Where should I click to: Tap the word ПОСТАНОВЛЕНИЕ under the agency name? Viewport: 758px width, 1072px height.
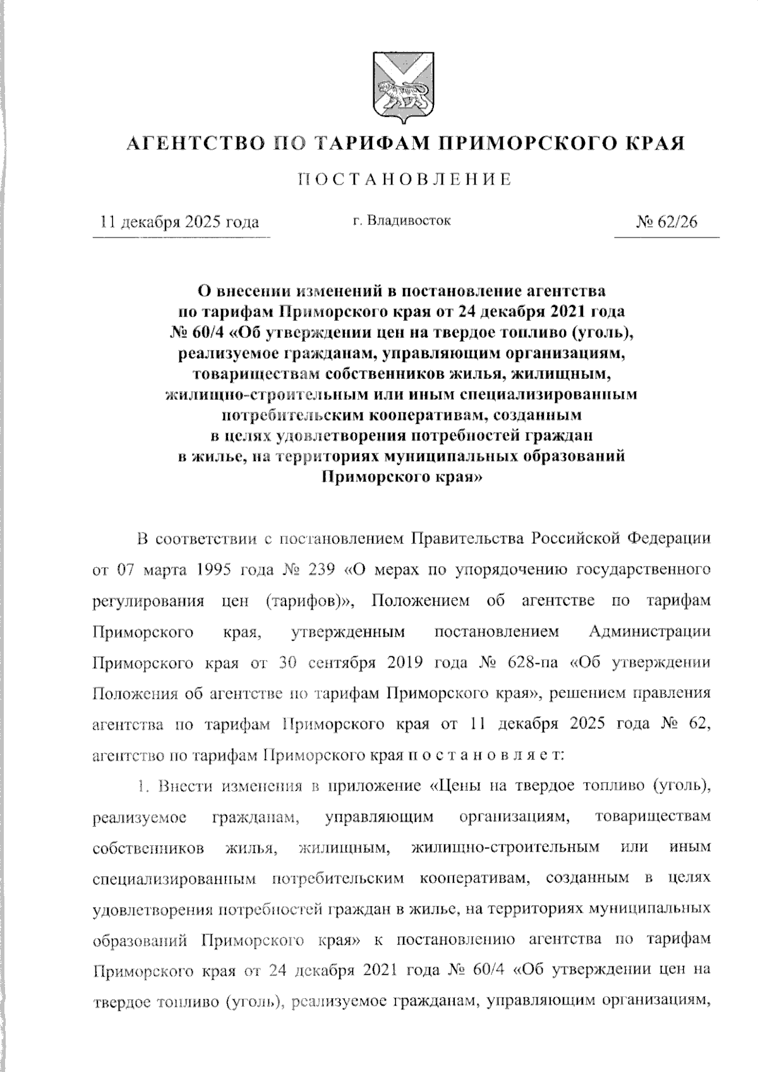click(x=405, y=180)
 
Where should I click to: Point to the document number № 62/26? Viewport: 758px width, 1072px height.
click(x=667, y=222)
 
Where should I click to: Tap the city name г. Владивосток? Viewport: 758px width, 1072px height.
click(x=401, y=221)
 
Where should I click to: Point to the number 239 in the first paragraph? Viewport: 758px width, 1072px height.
click(x=325, y=569)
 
